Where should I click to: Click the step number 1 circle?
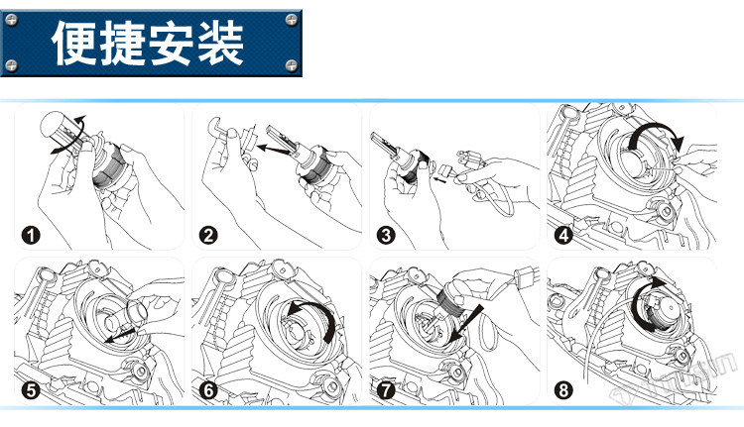[x=30, y=236]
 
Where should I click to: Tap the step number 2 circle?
[x=208, y=236]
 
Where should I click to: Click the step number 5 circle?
[x=30, y=390]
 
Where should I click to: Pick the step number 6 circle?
[x=208, y=390]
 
